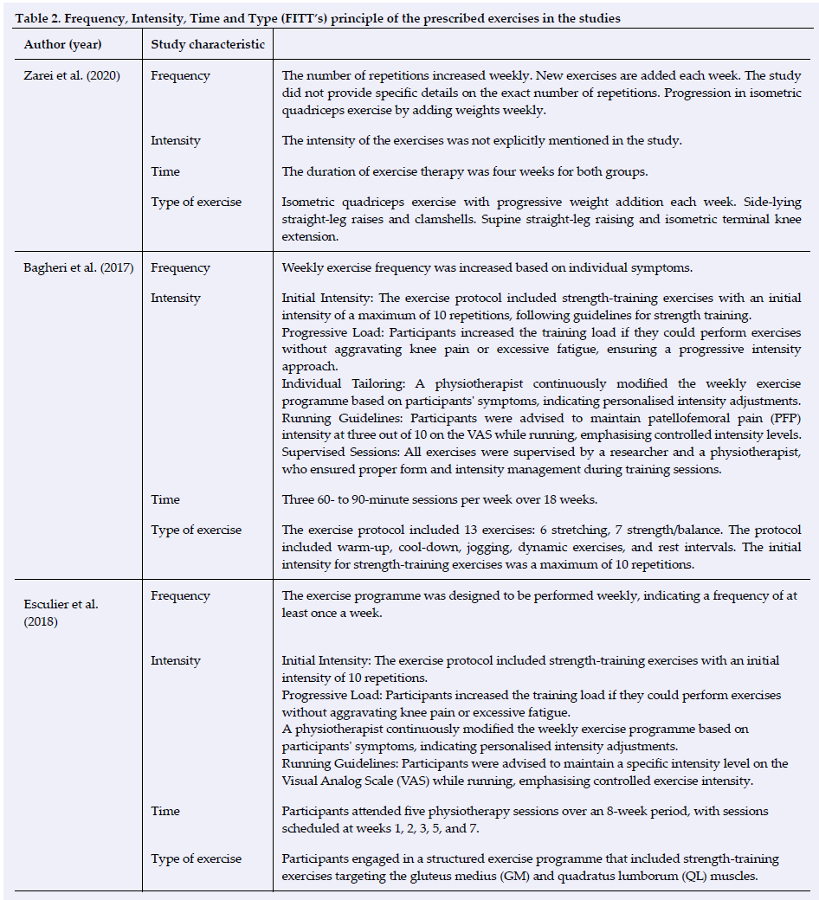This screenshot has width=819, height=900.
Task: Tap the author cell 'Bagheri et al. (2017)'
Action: [77, 267]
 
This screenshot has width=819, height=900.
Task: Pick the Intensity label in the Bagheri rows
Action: [175, 298]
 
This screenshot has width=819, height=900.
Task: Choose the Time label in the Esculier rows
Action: [165, 811]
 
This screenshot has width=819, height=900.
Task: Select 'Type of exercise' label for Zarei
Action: [196, 202]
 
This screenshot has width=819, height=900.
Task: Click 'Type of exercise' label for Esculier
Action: [196, 858]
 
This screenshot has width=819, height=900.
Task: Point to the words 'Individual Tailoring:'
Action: [334, 382]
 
